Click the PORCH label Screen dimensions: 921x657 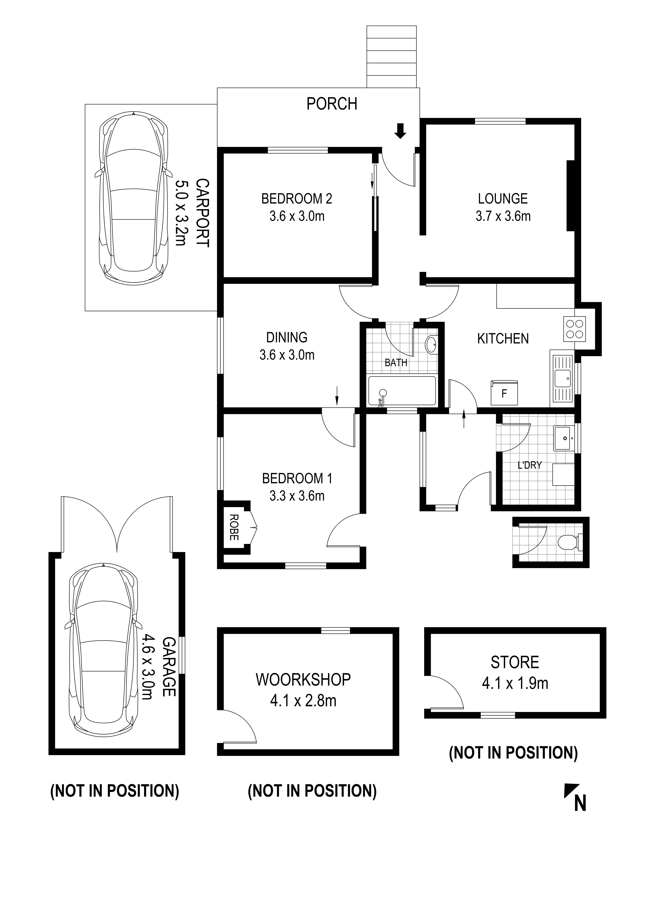point(332,104)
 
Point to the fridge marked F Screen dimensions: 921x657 point(504,393)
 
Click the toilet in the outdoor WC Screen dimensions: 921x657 point(570,542)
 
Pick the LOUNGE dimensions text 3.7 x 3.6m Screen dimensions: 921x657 point(503,216)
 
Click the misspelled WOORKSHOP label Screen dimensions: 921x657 point(303,680)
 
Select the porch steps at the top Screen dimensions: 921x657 point(391,57)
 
